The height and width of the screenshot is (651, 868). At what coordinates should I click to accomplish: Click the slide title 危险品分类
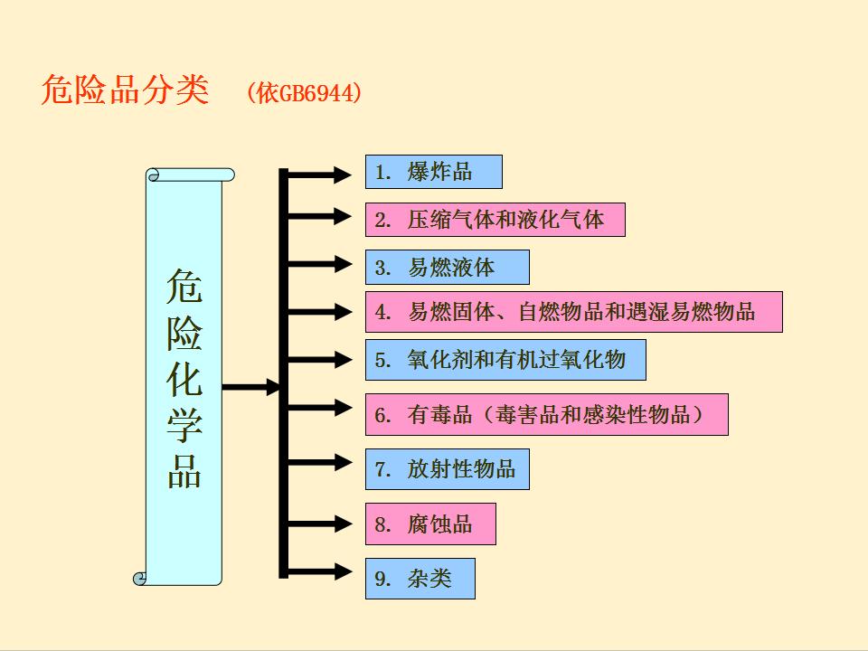[x=125, y=90]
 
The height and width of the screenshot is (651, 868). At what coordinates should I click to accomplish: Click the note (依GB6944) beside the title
[x=304, y=93]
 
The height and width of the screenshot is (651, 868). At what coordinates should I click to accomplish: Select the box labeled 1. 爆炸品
[x=433, y=172]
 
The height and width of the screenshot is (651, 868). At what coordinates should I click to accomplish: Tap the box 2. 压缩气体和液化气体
[x=495, y=220]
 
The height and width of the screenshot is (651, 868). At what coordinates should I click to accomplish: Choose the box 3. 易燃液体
[x=447, y=268]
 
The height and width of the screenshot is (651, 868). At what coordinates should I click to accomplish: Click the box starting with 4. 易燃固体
[x=573, y=313]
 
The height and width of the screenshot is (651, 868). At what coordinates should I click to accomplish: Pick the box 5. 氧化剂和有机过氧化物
[x=505, y=360]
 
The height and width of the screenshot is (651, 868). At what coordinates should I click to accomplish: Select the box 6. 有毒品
[x=546, y=415]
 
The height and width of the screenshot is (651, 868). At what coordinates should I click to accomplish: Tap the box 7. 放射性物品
[x=447, y=469]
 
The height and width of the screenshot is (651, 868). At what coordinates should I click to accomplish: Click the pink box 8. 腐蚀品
[x=430, y=524]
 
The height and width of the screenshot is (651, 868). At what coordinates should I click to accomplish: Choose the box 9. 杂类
[x=420, y=579]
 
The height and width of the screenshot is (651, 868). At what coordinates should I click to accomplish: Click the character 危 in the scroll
[x=184, y=288]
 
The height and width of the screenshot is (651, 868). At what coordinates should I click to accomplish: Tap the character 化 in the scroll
[x=184, y=381]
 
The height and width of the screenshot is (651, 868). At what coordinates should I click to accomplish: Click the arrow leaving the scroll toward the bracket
[x=252, y=388]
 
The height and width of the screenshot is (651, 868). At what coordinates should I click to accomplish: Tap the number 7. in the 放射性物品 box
[x=382, y=470]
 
